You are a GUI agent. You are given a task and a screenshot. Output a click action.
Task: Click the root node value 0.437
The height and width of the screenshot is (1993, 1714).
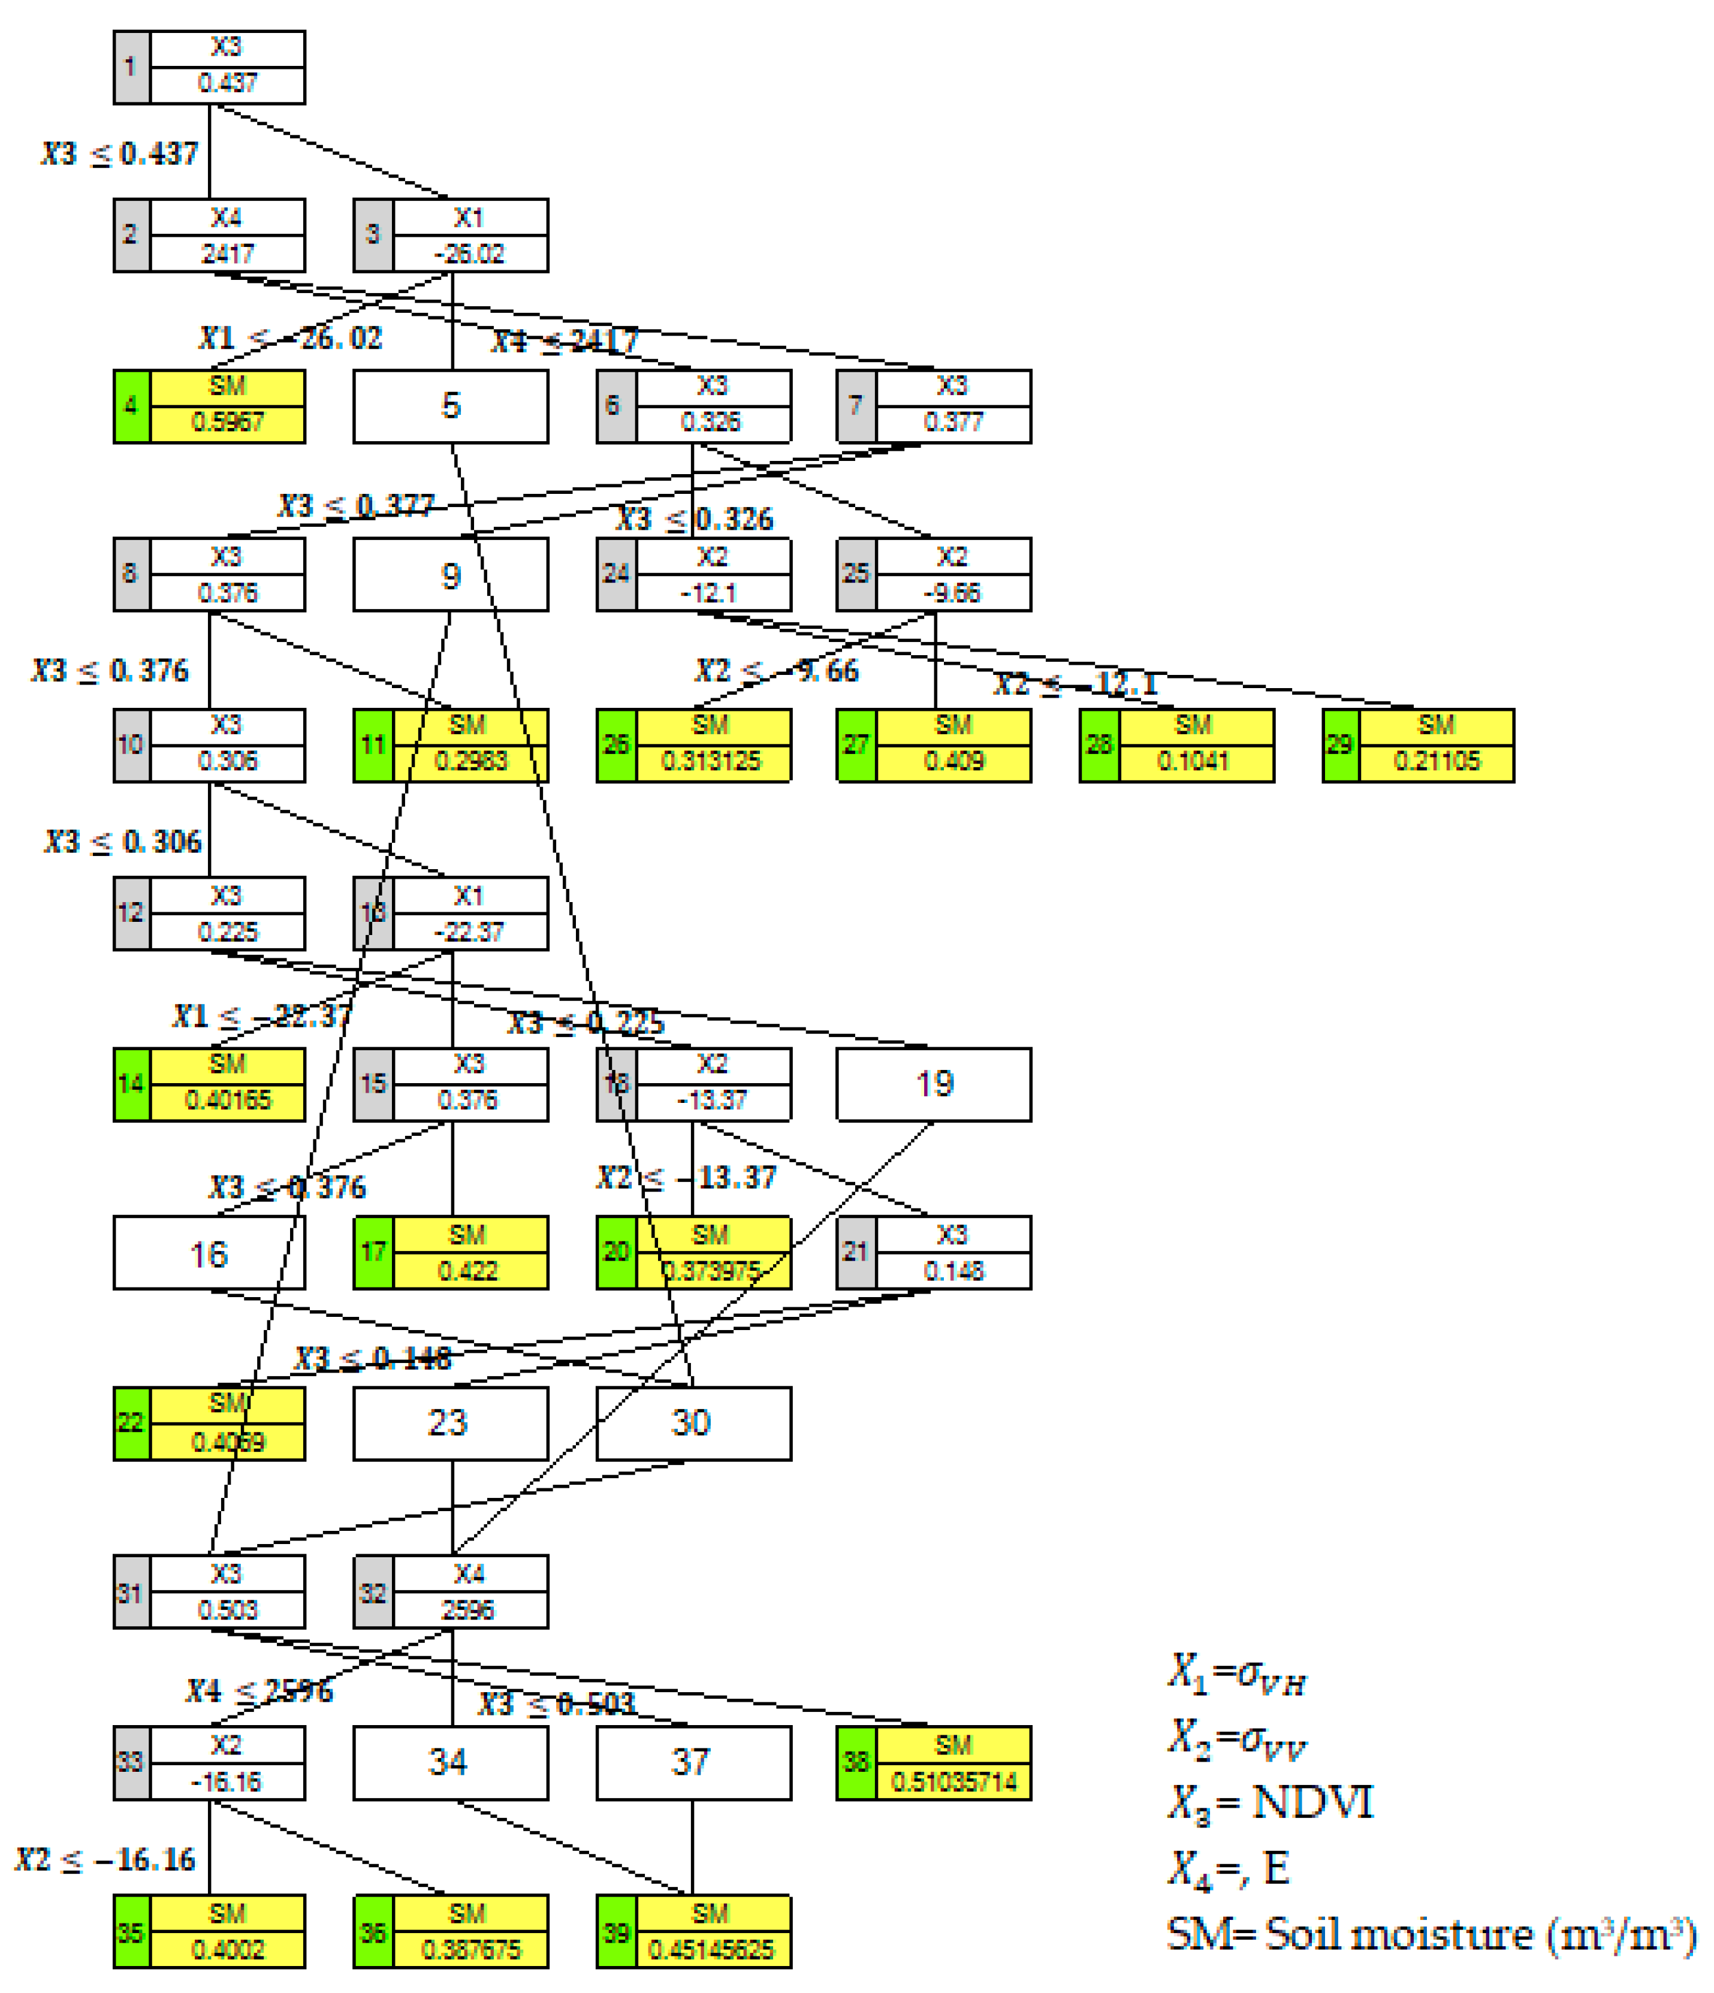click(x=227, y=84)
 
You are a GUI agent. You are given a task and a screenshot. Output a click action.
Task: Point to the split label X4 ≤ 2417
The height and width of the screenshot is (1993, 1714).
click(x=565, y=340)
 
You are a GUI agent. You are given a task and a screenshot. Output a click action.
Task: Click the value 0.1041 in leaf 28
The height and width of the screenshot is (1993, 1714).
click(x=1194, y=762)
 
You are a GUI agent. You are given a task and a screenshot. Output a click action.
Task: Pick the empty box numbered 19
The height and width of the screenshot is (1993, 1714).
click(x=933, y=1084)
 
